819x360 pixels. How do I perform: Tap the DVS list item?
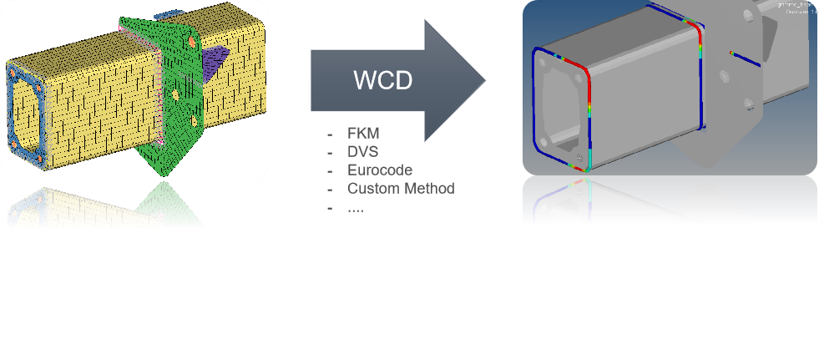click(363, 152)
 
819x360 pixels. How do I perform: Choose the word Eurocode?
click(380, 170)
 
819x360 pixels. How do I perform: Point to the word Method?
click(428, 189)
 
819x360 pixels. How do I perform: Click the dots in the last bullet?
click(356, 207)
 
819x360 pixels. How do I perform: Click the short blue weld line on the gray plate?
click(746, 58)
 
